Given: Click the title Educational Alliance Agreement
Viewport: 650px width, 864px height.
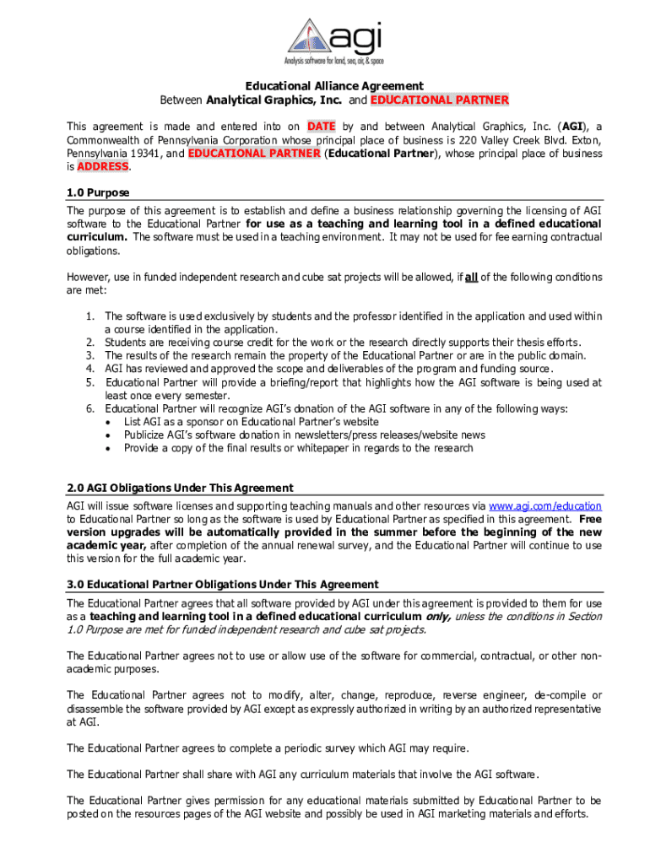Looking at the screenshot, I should point(334,86).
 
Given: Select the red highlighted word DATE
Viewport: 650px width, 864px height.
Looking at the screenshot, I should point(321,126).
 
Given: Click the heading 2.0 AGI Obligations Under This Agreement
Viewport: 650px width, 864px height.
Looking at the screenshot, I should point(180,488).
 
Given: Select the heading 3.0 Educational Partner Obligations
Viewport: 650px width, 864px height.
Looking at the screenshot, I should point(223,585).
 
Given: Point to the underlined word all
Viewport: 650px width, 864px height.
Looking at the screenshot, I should point(472,277).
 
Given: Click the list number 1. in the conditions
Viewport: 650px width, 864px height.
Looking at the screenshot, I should point(89,316).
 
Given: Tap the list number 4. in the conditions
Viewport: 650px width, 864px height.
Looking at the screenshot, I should point(89,369).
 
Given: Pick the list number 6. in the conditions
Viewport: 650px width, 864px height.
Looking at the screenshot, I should point(89,408).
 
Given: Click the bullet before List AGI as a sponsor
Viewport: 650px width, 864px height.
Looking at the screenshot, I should point(109,422).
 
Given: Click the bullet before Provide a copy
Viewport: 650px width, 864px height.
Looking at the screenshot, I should point(109,449).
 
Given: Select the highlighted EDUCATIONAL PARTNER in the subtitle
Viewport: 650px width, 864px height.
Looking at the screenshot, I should point(440,100).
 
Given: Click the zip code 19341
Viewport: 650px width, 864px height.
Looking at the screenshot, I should point(145,154).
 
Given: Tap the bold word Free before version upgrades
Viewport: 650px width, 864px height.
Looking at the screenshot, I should point(590,519).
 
